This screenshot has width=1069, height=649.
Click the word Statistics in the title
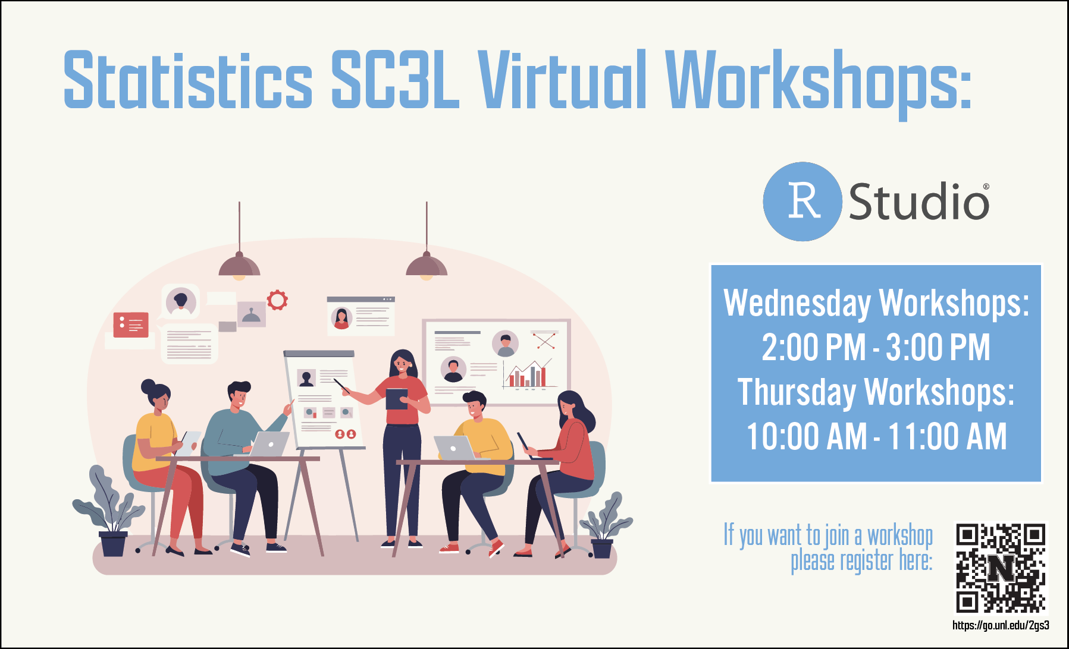[188, 80]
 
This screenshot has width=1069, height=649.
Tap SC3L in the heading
[395, 80]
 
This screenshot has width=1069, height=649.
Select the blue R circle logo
[802, 201]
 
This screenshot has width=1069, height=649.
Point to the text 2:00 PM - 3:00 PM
[876, 347]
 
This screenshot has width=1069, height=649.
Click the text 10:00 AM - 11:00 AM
[876, 436]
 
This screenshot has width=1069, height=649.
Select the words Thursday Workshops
[876, 392]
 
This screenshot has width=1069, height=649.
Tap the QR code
[1001, 568]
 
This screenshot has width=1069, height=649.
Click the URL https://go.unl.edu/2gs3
[1001, 625]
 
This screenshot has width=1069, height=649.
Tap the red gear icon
[277, 300]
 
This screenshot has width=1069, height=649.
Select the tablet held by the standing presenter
[397, 399]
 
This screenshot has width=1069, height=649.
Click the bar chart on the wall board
[526, 375]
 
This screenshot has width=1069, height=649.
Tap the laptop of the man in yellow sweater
[454, 448]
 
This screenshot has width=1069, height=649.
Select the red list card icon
[131, 324]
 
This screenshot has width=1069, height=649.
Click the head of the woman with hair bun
[157, 396]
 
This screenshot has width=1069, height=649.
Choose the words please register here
[861, 561]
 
